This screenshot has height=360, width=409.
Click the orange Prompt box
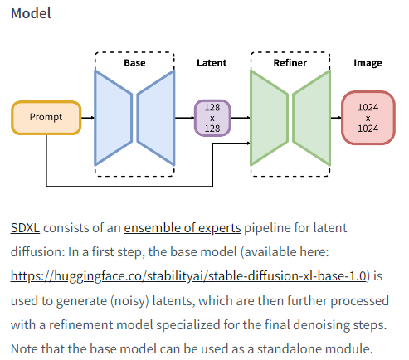pos(46,118)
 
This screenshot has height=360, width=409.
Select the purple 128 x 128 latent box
pos(211,118)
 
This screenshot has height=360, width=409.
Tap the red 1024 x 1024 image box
pos(368,118)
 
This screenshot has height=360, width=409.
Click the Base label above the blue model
pos(134,63)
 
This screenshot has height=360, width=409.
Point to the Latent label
pos(211,63)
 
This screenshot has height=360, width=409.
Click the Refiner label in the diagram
pos(290,63)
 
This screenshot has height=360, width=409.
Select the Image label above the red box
pos(368,63)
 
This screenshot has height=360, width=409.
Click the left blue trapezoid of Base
pos(114,117)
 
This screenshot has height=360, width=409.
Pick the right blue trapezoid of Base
pos(155,117)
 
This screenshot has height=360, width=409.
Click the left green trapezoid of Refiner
pos(270,117)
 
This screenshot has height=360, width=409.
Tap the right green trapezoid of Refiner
pos(310,117)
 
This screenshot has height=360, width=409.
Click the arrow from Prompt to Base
pos(87,118)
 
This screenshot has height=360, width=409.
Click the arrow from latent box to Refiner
pos(239,118)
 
